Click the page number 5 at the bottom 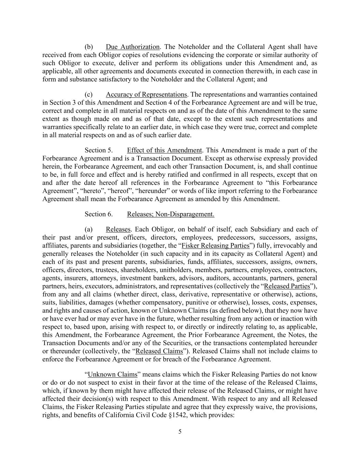coord(180,432)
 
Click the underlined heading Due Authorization coord(132,47)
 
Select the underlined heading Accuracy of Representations coord(146,94)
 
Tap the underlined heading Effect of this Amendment coord(164,150)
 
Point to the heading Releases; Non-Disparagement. coord(171,214)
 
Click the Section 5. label coord(99,150)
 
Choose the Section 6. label coord(99,214)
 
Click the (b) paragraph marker coord(89,47)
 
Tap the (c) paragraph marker coord(89,94)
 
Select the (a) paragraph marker coord(89,229)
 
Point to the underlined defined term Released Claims coord(159,351)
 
